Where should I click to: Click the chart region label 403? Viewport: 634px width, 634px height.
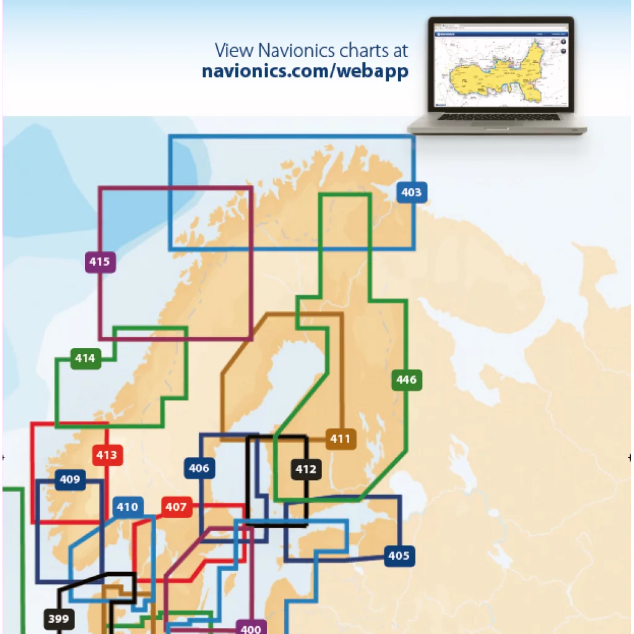[411, 193]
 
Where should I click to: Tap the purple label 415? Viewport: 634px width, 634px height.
[99, 262]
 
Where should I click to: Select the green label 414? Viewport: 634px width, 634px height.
[85, 358]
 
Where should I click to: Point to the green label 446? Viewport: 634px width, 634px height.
[407, 380]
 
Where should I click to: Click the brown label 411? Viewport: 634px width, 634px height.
[341, 440]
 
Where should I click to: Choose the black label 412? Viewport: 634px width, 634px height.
[306, 469]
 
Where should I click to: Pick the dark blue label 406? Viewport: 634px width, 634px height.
[199, 468]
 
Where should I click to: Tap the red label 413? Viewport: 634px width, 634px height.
[106, 456]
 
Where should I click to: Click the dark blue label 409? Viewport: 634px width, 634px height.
[70, 479]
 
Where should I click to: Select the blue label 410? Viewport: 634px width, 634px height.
[128, 507]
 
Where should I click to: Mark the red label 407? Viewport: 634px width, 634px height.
[176, 507]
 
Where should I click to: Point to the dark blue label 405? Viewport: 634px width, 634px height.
[399, 555]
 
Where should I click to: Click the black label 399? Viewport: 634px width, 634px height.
[58, 618]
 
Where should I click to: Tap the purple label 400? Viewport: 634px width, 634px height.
[251, 628]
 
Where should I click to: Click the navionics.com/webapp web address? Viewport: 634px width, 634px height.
[305, 71]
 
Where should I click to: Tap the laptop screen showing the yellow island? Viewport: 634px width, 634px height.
[500, 66]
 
